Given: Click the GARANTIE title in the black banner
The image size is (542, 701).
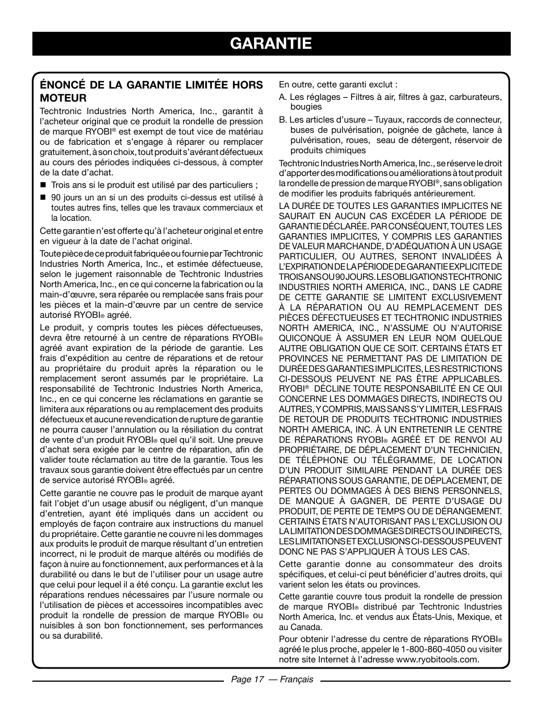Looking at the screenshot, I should tap(271, 43).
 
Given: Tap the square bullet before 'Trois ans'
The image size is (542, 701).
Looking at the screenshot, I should tap(43, 186).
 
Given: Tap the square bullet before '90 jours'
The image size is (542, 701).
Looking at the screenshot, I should tap(43, 198).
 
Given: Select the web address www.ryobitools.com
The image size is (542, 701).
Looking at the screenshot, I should tap(437, 660).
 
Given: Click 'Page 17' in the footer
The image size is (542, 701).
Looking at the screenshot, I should tap(244, 679).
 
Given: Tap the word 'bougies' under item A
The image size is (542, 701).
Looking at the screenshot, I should tap(306, 107).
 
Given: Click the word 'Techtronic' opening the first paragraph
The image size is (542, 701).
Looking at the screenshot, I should tap(59, 111).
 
